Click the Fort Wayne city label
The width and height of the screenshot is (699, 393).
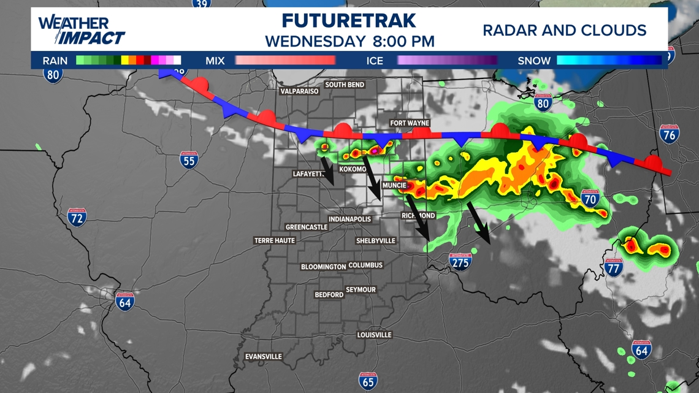click(410, 123)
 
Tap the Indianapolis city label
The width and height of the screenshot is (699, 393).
click(349, 219)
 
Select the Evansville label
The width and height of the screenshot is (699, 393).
click(263, 356)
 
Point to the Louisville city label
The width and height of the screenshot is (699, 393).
click(374, 335)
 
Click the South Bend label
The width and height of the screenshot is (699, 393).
click(345, 85)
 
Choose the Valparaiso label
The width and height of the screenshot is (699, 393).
click(299, 91)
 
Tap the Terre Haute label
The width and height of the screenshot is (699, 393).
click(275, 240)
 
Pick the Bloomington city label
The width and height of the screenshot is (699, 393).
click(323, 267)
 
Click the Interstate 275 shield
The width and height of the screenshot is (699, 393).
click(460, 262)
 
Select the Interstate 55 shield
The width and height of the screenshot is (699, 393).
click(189, 160)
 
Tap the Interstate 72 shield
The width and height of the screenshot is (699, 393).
click(77, 217)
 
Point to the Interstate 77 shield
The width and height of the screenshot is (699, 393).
click(613, 267)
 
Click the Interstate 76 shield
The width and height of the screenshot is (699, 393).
click(669, 134)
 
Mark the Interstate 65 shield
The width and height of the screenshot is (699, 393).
click(368, 381)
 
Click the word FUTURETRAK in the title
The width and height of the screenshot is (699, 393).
click(349, 21)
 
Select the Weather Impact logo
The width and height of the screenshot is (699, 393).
click(82, 29)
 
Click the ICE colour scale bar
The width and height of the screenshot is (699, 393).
click(448, 60)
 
